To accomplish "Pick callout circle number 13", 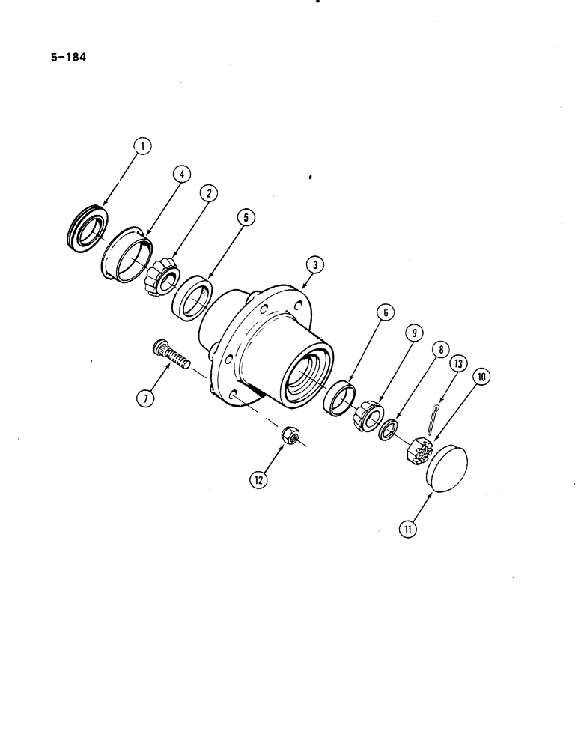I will (459, 365).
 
